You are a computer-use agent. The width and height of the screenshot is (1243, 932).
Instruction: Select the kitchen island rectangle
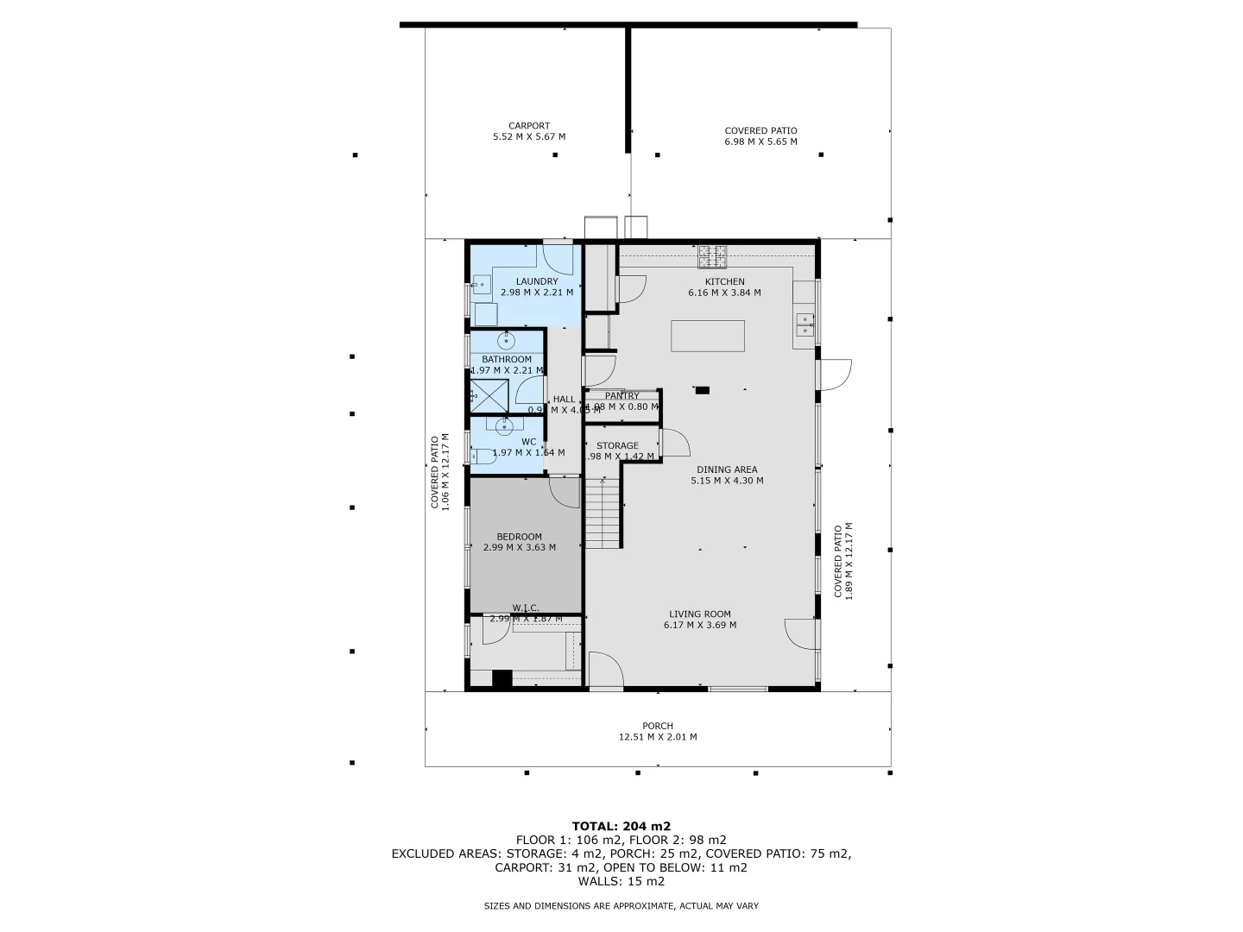point(708,336)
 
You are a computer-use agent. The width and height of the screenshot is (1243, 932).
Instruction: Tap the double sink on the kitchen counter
point(804,324)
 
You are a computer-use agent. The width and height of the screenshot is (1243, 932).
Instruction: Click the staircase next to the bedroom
point(603,513)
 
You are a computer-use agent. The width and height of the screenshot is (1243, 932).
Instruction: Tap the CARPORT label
point(528,126)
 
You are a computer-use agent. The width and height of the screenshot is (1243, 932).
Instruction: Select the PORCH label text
point(657,726)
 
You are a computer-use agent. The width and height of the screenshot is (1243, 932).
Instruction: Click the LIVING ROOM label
point(699,614)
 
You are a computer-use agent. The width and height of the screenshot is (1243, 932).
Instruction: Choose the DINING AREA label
point(727,470)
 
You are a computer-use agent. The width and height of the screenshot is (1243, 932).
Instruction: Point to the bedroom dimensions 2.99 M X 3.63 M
point(519,547)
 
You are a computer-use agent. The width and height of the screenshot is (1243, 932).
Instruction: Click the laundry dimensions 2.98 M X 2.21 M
point(537,293)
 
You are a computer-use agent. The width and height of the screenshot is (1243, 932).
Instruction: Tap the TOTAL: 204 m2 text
point(621,826)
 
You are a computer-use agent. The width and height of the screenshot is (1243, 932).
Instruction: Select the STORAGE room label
point(617,446)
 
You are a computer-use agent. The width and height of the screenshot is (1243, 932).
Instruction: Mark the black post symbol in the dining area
point(703,390)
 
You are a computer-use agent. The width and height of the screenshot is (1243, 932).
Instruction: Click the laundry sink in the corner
point(481,284)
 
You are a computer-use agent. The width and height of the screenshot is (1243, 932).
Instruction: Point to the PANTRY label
point(621,396)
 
